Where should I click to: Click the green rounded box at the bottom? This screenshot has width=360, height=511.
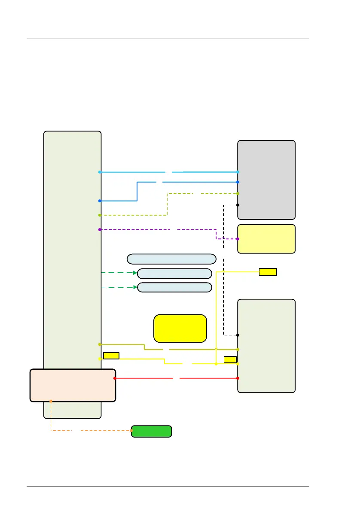point(151,431)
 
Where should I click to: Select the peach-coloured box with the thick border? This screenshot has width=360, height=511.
point(73,385)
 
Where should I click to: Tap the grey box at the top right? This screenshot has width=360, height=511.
point(266,179)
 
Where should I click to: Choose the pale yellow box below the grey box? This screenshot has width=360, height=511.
point(266,239)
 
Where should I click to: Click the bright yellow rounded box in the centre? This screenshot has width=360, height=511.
point(180,328)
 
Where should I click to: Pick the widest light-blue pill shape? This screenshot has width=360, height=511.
point(171,259)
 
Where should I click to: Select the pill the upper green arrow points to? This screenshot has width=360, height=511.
point(174,274)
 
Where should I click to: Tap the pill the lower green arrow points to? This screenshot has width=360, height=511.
point(174,287)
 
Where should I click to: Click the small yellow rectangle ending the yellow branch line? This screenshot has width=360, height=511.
point(268,271)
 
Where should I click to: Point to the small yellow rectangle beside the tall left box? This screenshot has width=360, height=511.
point(111,355)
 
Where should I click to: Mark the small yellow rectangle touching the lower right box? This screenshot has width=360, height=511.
point(230,359)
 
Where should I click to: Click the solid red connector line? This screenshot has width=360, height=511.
point(146,378)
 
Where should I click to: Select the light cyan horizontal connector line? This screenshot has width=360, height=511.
point(133,172)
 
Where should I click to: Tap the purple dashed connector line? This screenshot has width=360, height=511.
point(137,230)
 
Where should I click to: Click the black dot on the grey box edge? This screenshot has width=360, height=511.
point(238,205)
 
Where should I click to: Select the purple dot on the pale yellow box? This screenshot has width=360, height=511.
point(238,239)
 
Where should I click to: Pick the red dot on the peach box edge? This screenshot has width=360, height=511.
point(115,378)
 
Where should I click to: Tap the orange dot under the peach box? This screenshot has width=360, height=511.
point(51,401)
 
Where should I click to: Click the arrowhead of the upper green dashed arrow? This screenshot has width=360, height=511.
point(134,273)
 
